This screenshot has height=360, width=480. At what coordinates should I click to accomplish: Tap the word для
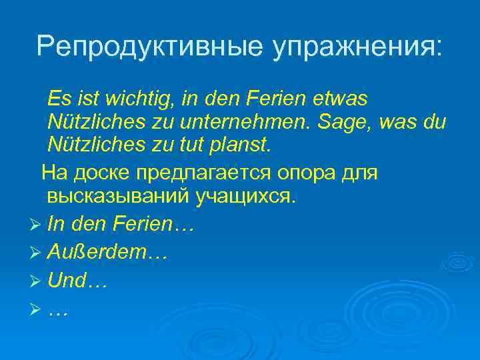point(361,173)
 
